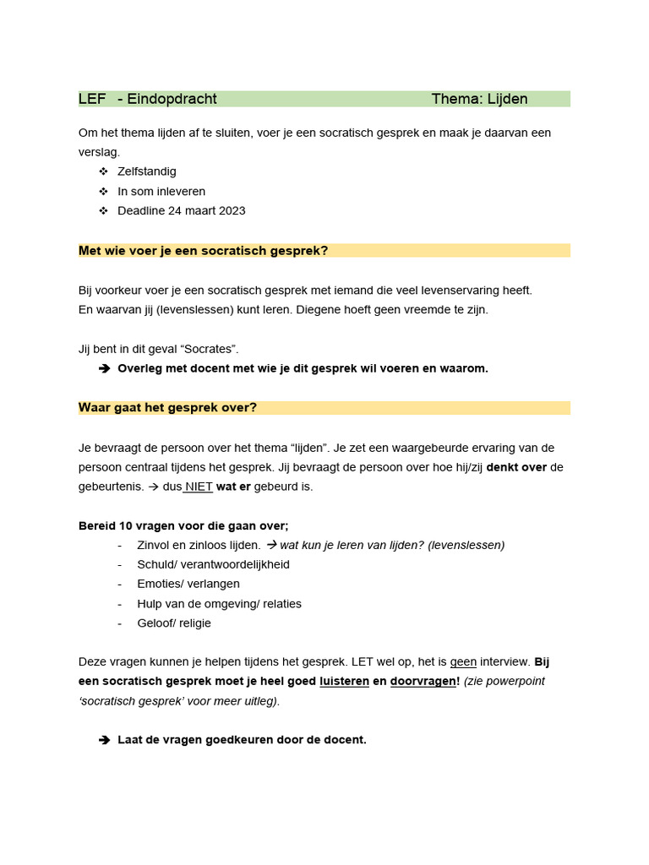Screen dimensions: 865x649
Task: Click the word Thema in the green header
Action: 455,99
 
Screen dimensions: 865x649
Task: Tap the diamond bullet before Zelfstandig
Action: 104,171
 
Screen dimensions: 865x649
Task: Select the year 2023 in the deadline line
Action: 229,210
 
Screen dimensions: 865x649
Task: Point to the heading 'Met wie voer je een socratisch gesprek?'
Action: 203,250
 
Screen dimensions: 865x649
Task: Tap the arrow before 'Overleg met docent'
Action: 104,368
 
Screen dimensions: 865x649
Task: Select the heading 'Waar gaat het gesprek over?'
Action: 167,408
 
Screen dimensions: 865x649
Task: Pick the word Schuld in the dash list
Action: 155,564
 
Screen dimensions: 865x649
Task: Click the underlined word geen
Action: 463,662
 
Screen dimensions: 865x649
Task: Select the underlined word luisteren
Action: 344,681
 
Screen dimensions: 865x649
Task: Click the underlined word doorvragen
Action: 422,681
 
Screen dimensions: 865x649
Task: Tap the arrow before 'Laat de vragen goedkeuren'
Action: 104,740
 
